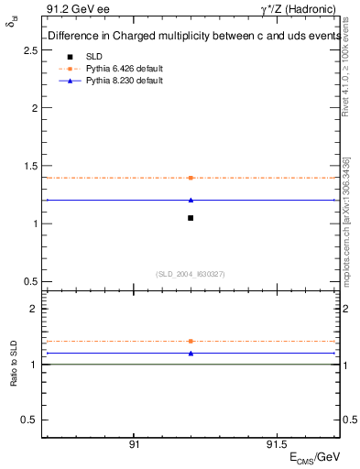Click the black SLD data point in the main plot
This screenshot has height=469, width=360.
click(191, 217)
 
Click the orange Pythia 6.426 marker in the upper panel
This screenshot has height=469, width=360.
click(191, 178)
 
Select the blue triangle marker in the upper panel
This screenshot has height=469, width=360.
click(191, 200)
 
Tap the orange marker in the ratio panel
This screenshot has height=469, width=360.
click(191, 341)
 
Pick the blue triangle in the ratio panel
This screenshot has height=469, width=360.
click(191, 353)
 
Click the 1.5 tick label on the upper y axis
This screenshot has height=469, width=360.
click(29, 166)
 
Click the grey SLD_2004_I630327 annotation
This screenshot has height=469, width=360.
click(191, 274)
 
